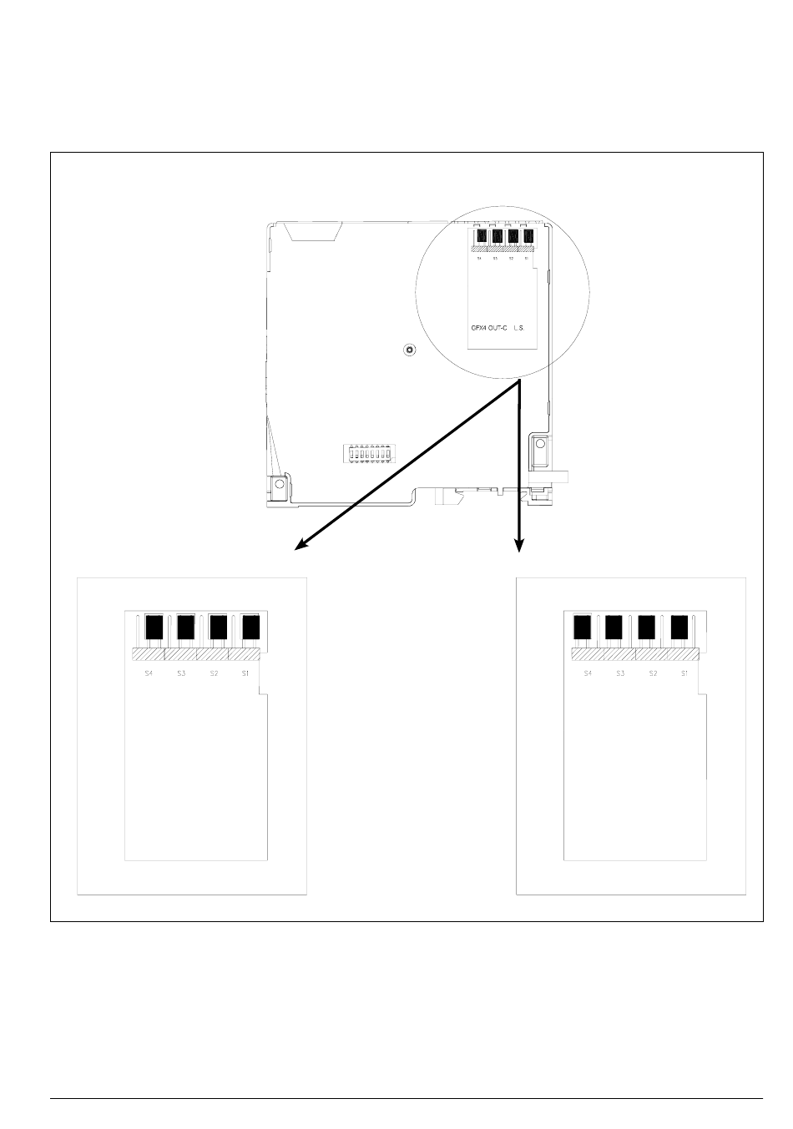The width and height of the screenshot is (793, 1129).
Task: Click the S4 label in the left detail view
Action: pyautogui.click(x=149, y=673)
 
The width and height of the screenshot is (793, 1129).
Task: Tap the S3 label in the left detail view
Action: pyautogui.click(x=181, y=673)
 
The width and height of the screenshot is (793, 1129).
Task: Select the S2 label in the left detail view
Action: pyautogui.click(x=214, y=673)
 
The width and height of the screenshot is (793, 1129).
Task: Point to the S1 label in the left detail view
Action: pyautogui.click(x=245, y=673)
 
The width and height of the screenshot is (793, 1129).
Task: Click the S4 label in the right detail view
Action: pyautogui.click(x=588, y=673)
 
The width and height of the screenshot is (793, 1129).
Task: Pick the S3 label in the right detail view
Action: pyautogui.click(x=620, y=673)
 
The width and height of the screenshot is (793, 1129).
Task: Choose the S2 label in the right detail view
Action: pyautogui.click(x=653, y=673)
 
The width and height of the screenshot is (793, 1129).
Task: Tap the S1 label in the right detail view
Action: pyautogui.click(x=684, y=673)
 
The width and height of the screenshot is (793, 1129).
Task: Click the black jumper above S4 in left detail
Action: pyautogui.click(x=154, y=627)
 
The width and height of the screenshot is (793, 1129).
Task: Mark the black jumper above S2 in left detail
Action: pyautogui.click(x=218, y=627)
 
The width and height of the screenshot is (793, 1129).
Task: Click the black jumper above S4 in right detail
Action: pyautogui.click(x=583, y=627)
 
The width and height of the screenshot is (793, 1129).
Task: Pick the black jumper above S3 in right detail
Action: pyautogui.click(x=614, y=627)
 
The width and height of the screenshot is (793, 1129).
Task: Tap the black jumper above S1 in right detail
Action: pyautogui.click(x=679, y=627)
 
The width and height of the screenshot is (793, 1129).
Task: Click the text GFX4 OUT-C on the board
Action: pyautogui.click(x=489, y=329)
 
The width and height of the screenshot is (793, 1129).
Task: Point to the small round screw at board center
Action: pyautogui.click(x=408, y=350)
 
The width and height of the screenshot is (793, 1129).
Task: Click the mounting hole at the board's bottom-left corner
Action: pyautogui.click(x=279, y=483)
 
